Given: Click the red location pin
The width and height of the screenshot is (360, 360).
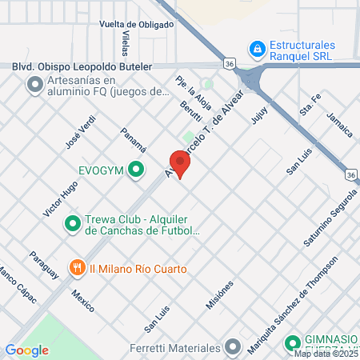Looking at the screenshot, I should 181,165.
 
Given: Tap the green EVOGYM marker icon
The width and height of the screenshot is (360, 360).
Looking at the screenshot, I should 137,169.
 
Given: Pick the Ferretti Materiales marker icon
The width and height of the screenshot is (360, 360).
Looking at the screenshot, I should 233,348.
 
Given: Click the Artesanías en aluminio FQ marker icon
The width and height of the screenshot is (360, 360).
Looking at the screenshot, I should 34,82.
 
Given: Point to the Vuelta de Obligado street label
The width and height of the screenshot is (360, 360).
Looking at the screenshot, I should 136,25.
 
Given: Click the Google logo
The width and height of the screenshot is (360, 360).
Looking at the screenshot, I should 26,350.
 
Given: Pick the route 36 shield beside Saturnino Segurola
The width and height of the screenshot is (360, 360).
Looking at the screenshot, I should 350,174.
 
